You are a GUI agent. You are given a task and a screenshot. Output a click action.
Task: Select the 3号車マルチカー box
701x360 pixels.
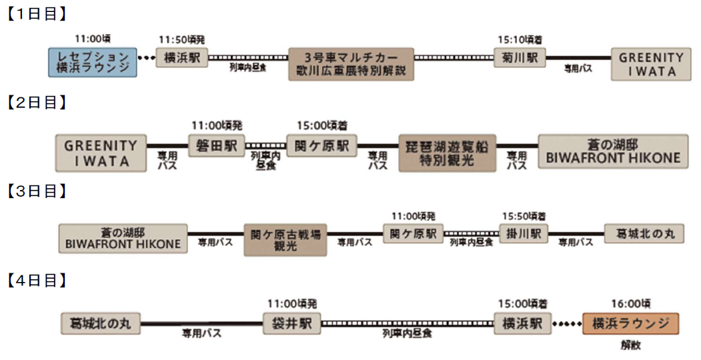click(x=352, y=64)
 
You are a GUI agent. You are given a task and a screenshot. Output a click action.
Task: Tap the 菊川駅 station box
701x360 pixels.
click(x=520, y=58)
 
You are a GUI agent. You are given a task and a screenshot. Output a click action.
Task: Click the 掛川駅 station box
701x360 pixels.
click(x=523, y=234)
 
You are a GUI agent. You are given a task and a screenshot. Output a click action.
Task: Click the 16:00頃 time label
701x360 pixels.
click(x=630, y=303)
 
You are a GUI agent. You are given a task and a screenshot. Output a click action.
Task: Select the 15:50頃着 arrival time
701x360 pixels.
click(x=524, y=215)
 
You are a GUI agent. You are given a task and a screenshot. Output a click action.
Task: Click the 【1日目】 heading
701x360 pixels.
click(x=37, y=14)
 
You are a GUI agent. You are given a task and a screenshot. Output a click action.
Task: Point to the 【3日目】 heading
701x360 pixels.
click(x=37, y=191)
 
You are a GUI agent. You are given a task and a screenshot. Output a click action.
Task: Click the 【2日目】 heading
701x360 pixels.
click(x=37, y=103)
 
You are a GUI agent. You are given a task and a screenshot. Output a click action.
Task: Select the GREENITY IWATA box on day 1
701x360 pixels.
click(x=650, y=64)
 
